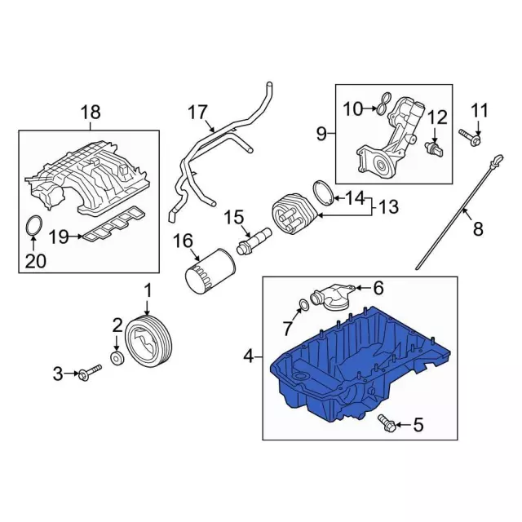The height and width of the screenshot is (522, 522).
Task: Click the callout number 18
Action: point(91,113)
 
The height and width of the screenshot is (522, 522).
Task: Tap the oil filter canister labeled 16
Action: point(210,272)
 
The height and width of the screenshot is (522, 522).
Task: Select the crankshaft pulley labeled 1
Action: point(148,341)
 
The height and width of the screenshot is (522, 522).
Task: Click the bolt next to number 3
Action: point(90,373)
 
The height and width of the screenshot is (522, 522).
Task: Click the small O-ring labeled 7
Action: point(303,304)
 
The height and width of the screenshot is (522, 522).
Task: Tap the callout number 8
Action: point(478,229)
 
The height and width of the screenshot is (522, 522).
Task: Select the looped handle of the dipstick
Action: point(498,160)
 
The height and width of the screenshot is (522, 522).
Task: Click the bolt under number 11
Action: point(470,137)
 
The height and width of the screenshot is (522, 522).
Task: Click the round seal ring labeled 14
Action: point(323,192)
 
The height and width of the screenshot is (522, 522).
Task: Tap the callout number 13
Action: point(388,206)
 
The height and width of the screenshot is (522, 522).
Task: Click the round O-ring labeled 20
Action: point(34,225)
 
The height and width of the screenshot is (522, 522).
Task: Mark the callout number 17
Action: point(197,113)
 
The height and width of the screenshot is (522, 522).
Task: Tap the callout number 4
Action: point(249,357)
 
